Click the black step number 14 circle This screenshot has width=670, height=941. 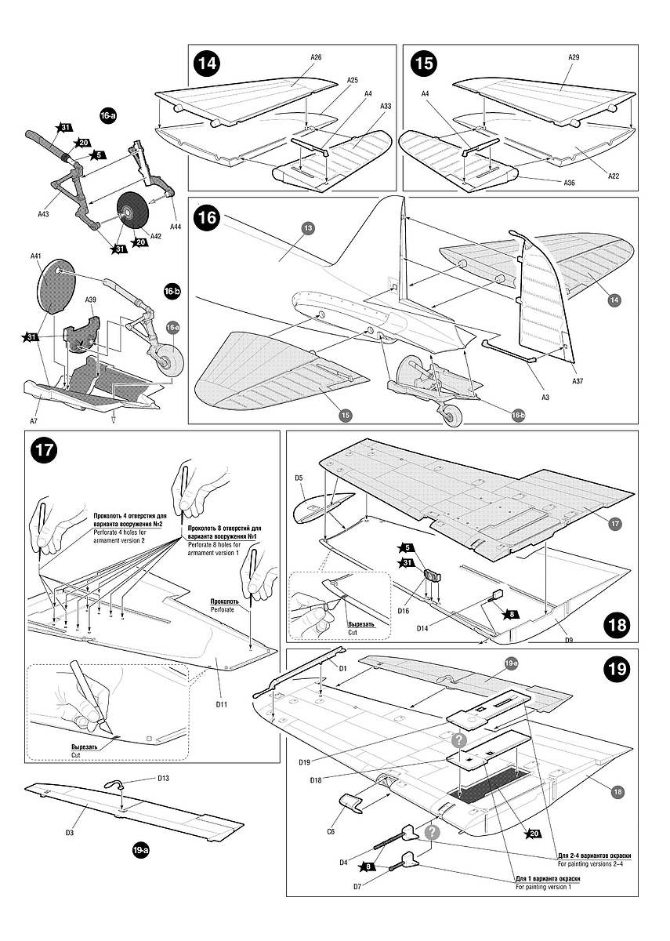click(208, 63)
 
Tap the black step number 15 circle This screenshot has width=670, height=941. click(424, 63)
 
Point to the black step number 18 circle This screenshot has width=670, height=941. click(617, 625)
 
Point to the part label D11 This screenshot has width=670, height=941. click(222, 704)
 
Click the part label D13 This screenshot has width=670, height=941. click(163, 779)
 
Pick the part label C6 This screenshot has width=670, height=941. click(331, 831)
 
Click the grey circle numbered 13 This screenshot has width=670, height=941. click(307, 227)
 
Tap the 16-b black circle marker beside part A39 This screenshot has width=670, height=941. click(172, 291)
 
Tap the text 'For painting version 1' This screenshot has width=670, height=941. click(542, 886)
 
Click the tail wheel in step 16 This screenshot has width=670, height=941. click(452, 417)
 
